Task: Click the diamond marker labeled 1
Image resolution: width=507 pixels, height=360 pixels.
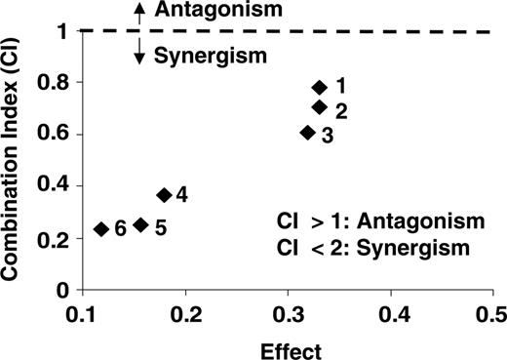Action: click(319, 88)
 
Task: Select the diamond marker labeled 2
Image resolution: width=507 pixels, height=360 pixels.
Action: click(319, 107)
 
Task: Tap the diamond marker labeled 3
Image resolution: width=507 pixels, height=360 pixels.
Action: click(307, 133)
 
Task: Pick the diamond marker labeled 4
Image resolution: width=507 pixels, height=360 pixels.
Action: click(164, 195)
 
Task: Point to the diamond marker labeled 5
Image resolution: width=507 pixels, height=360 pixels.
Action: click(141, 224)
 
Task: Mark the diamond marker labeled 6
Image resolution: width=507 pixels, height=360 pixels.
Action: click(100, 228)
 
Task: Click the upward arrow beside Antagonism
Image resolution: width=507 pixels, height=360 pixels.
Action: click(138, 11)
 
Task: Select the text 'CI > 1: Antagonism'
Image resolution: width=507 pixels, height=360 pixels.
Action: click(374, 224)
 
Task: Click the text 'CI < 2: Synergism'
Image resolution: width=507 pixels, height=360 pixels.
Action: click(374, 250)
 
